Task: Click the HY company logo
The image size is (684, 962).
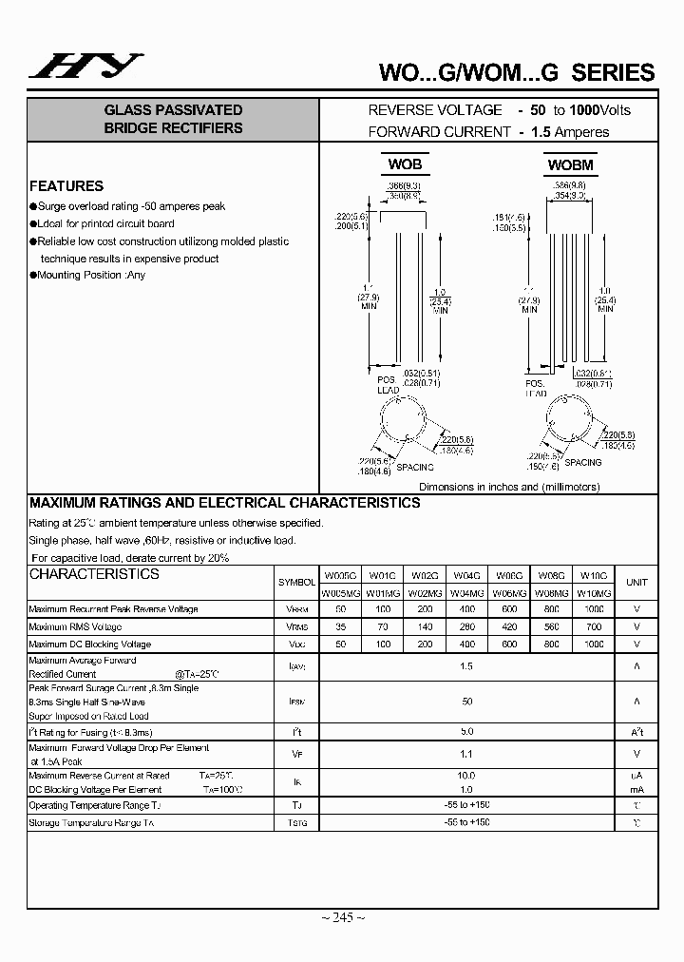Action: [x=85, y=66]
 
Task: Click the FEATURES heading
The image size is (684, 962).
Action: [x=66, y=186]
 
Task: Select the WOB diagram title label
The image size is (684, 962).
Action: [x=405, y=164]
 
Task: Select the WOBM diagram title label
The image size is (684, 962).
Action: [x=570, y=164]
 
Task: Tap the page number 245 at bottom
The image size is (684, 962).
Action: [x=342, y=917]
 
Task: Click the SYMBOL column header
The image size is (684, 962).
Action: [x=296, y=583]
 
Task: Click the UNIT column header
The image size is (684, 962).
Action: [x=636, y=583]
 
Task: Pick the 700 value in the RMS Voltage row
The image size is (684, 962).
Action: [x=594, y=626]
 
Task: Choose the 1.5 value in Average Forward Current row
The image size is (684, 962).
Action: [x=465, y=667]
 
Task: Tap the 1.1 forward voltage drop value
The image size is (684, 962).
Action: [x=465, y=754]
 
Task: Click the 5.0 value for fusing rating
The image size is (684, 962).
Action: [x=465, y=732]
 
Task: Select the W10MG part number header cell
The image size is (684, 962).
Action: [x=594, y=592]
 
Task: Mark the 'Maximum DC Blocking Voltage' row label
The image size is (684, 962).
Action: [x=90, y=644]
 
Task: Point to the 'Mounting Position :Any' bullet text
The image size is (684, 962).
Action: [x=91, y=276]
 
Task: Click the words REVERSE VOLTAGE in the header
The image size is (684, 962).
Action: [x=435, y=110]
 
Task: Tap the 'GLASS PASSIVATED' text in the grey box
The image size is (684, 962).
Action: [x=173, y=110]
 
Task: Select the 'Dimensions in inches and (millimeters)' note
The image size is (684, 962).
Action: [x=509, y=486]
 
